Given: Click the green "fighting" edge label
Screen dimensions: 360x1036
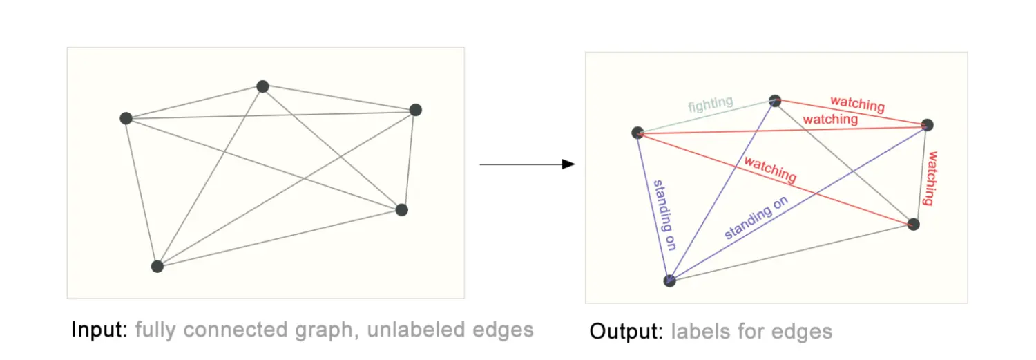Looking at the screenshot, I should (710, 104).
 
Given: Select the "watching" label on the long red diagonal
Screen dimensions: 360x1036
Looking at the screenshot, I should (770, 170).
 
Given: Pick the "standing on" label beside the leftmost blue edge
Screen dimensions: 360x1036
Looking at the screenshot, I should (663, 214).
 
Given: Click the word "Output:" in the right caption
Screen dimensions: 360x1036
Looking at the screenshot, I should (626, 332).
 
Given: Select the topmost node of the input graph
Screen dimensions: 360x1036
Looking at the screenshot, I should (262, 86).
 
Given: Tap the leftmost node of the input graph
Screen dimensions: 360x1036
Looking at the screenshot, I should (126, 118).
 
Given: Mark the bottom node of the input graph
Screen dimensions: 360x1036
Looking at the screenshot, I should (157, 266).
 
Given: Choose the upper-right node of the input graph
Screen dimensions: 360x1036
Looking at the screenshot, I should (415, 110).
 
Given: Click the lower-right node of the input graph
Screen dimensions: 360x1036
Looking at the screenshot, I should (402, 209).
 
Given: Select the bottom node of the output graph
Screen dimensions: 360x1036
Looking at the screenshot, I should (669, 281).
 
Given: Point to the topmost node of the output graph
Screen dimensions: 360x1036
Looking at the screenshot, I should (775, 101).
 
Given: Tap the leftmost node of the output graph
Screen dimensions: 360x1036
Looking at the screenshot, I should (638, 133).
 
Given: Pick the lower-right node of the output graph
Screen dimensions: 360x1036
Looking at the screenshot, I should (914, 224).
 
